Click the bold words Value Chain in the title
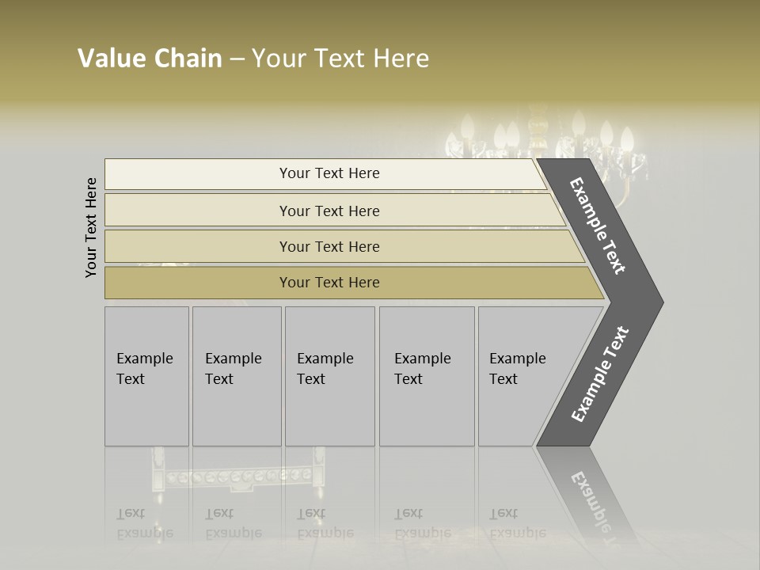(150, 59)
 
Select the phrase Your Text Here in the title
(340, 59)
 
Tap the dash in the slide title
(237, 59)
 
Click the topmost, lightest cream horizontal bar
(325, 173)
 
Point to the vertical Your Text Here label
(91, 227)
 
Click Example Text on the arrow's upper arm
(598, 226)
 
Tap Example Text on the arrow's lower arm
(600, 374)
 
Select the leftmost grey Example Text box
(146, 376)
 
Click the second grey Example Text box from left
(236, 376)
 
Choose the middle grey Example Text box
(329, 376)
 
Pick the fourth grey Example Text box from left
(426, 376)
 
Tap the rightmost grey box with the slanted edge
(522, 376)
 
